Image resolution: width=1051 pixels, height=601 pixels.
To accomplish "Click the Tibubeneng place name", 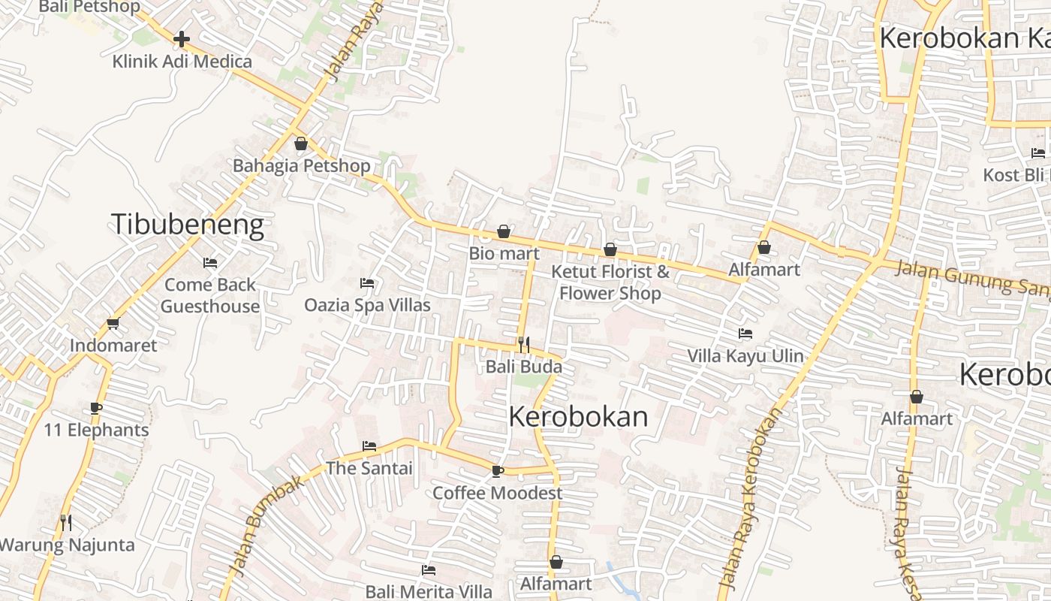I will (188, 225).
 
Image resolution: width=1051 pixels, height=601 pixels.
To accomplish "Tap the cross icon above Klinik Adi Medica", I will (182, 38).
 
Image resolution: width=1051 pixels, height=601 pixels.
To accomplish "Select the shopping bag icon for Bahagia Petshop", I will (301, 143).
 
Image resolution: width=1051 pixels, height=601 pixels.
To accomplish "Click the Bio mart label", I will (504, 253).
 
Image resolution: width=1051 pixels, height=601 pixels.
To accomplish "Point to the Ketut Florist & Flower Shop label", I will (610, 282).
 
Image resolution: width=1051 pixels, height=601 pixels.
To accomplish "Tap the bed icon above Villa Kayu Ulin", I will (745, 333).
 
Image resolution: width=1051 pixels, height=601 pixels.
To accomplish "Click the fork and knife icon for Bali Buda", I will (524, 344).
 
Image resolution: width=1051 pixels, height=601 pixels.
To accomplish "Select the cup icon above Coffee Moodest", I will (497, 471).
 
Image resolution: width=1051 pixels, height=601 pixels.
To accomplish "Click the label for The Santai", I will (369, 468).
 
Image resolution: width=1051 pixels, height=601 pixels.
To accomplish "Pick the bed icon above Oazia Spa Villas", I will (367, 283).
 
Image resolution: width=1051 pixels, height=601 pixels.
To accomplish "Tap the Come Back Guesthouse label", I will (210, 295).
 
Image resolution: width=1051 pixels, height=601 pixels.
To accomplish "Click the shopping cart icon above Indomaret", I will (113, 323).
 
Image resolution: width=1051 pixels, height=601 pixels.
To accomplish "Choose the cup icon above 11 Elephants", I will (96, 408).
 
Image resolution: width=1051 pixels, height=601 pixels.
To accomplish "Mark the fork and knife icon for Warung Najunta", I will (66, 521).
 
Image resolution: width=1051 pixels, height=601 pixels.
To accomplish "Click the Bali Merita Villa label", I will (429, 591).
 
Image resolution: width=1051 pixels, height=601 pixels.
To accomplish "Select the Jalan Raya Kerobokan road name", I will (751, 497).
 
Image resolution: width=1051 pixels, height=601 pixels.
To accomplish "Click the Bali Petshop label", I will (89, 7).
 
